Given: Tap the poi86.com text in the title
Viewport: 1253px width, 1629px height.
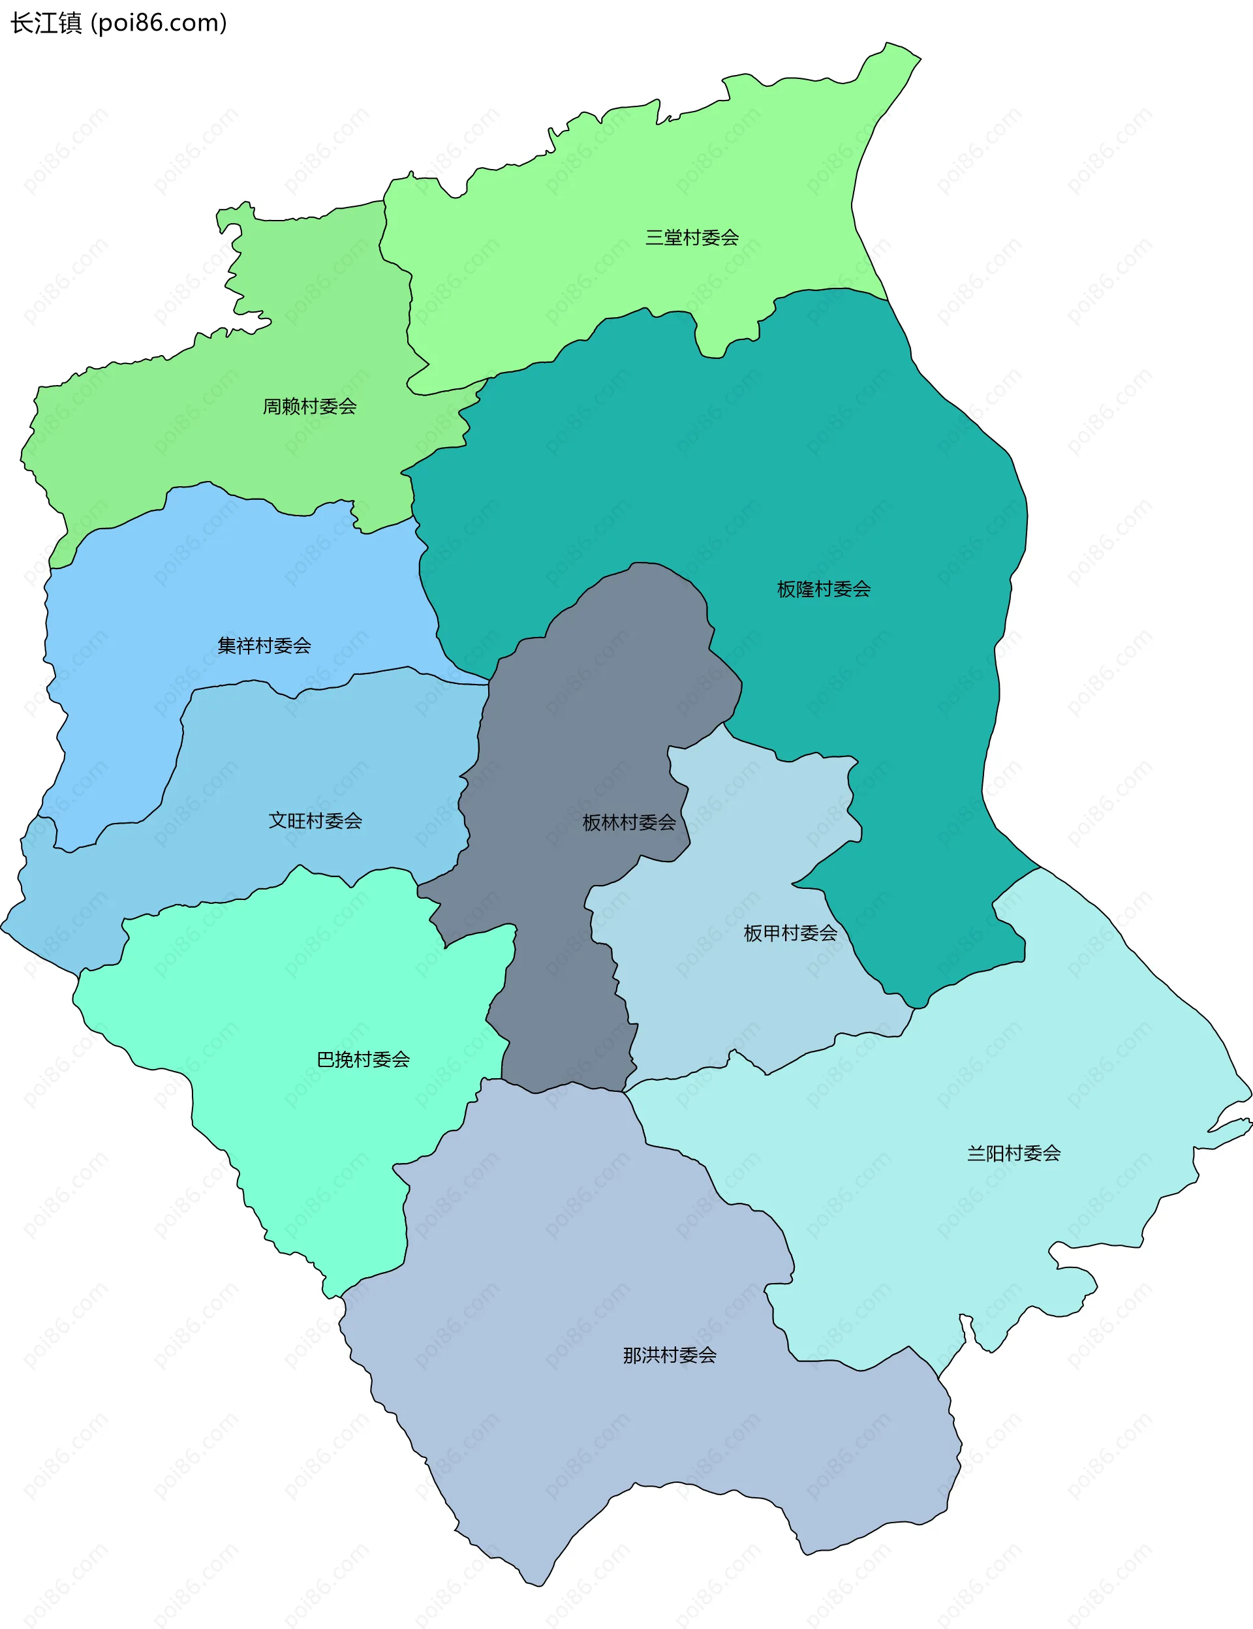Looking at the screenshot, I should tap(158, 23).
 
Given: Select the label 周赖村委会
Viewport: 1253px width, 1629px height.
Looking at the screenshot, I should tap(309, 407).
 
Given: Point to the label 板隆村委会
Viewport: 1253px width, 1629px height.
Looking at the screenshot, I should tap(824, 589).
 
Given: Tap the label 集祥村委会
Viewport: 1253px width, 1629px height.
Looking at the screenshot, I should tap(264, 646).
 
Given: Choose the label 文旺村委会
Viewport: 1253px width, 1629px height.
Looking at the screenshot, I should tap(315, 821).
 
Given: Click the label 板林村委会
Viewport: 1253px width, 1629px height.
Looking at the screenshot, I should tap(628, 823).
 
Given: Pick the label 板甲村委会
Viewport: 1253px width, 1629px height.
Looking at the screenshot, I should tap(790, 933).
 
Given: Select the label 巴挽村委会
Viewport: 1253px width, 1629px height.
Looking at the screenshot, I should tap(364, 1060).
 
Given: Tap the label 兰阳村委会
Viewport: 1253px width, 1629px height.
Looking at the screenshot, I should tap(1013, 1154).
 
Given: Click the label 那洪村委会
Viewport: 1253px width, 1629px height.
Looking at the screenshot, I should tap(670, 1356).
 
